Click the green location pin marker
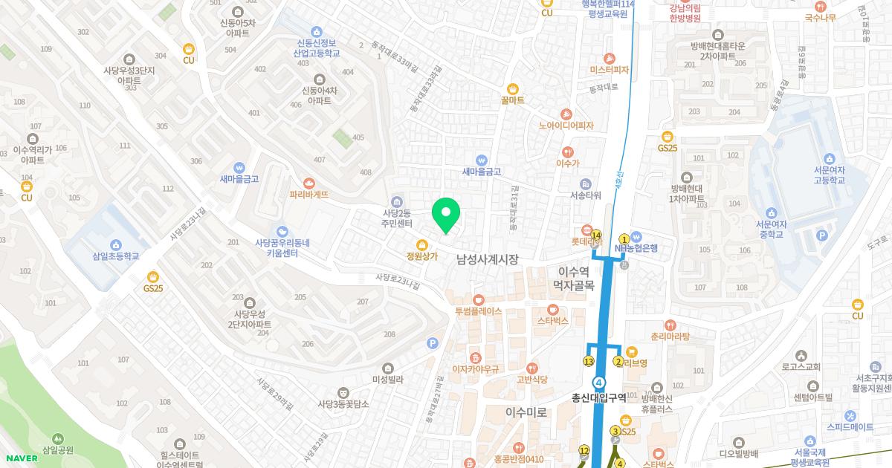pyautogui.click(x=446, y=215)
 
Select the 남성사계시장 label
pyautogui.click(x=487, y=259)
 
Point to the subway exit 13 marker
pyautogui.click(x=589, y=362)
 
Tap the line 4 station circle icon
pyautogui.click(x=599, y=381)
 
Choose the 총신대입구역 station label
pyautogui.click(x=598, y=397)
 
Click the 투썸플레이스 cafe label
pyautogui.click(x=479, y=311)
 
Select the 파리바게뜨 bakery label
pyautogui.click(x=309, y=194)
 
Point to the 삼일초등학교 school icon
pyautogui.click(x=115, y=245)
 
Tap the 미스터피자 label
pyautogui.click(x=610, y=71)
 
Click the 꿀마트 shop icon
pyautogui.click(x=513, y=88)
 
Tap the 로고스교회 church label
pyautogui.click(x=801, y=367)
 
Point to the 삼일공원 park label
pyautogui.click(x=58, y=449)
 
